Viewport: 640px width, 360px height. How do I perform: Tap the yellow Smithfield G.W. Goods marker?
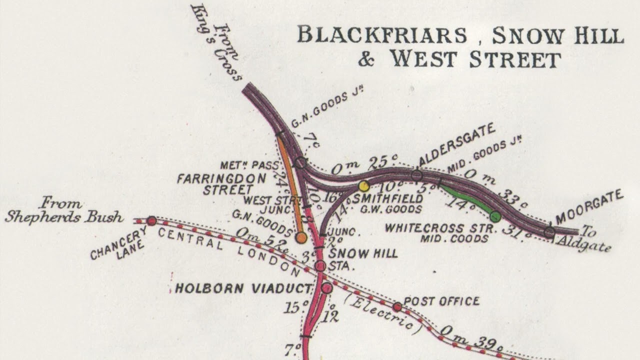point(364,186)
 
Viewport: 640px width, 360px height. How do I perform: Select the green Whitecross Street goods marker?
point(495,216)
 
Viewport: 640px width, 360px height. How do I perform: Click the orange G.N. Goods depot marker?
point(301,237)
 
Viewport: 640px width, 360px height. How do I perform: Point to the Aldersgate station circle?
point(416,175)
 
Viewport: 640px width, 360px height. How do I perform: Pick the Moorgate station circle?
point(549,232)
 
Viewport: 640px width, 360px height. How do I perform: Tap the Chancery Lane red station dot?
point(151,221)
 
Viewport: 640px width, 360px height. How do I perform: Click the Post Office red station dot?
point(397,306)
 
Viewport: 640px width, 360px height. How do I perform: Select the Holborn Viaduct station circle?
point(326,288)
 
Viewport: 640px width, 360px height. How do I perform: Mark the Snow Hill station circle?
point(320,266)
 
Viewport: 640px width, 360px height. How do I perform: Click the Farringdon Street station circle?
point(300,162)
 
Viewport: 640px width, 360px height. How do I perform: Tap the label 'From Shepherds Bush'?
point(63,210)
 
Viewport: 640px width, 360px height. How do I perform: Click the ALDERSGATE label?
point(457,143)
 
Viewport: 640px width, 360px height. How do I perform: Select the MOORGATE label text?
point(589,207)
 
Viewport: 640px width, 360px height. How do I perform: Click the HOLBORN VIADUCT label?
point(243,288)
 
